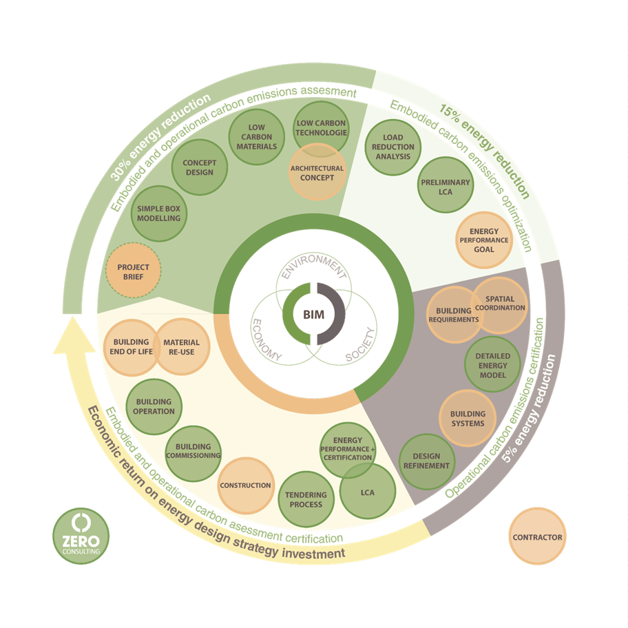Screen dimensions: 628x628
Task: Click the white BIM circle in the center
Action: (x=314, y=315)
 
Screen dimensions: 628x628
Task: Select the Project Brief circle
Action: (x=134, y=271)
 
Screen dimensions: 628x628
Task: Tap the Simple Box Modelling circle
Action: (x=159, y=213)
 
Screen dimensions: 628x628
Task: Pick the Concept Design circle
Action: (x=200, y=167)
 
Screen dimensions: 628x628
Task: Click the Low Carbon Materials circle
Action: (x=256, y=136)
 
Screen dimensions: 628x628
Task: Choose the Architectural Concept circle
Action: (x=317, y=173)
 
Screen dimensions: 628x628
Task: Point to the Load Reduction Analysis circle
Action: (x=393, y=146)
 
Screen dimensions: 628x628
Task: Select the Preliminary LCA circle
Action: (x=446, y=187)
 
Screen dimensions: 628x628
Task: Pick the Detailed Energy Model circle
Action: (x=492, y=366)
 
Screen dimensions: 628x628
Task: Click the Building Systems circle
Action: (x=468, y=419)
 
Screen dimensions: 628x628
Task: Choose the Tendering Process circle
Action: (x=306, y=499)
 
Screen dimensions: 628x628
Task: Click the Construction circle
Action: (x=245, y=485)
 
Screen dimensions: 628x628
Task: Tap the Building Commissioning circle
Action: (x=193, y=451)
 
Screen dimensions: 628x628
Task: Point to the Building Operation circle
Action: (x=154, y=406)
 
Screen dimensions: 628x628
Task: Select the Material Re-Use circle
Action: (x=182, y=347)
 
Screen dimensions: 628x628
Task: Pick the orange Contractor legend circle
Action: (x=538, y=537)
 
